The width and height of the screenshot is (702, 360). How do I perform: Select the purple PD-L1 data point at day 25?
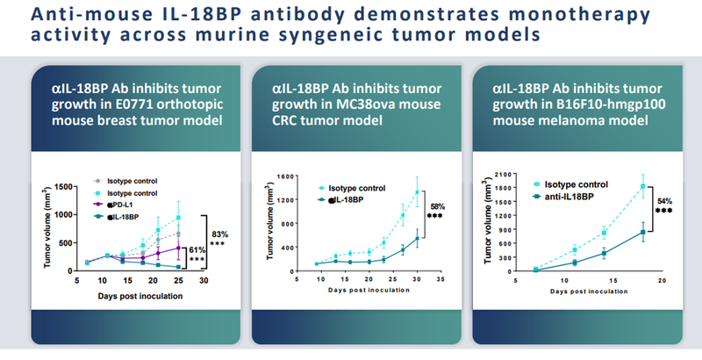[178, 247]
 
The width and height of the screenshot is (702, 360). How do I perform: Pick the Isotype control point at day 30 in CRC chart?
[417, 191]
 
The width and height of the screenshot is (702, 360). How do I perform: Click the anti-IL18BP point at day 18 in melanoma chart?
[643, 232]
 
